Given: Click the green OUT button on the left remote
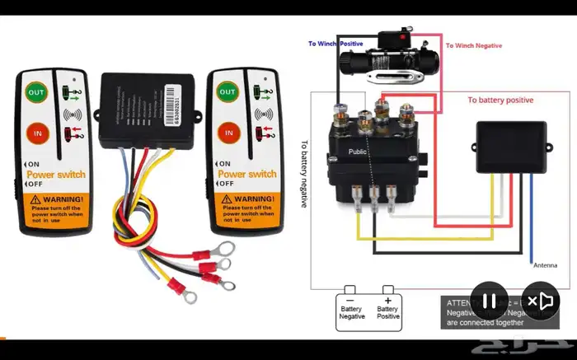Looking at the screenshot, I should [36, 92].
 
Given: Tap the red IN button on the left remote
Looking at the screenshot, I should [36, 131].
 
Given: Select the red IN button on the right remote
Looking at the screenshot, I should [228, 132].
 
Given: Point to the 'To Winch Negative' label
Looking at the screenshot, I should [473, 46].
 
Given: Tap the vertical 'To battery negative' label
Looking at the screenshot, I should [304, 173].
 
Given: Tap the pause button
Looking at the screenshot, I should [489, 301].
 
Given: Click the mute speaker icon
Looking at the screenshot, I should [542, 301].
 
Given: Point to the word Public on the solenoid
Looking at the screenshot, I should [358, 152].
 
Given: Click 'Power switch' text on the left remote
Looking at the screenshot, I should [55, 175].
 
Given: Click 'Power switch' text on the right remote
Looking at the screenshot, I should [246, 175].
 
